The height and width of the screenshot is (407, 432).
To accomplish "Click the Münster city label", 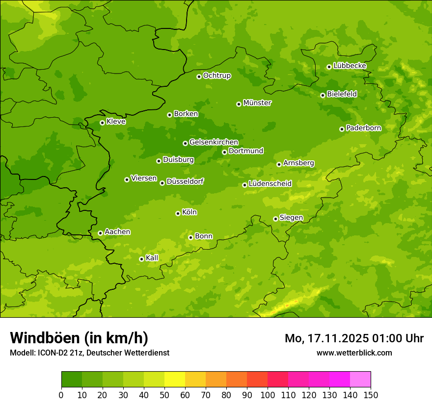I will tap(257, 103).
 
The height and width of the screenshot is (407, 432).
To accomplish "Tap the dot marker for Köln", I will tap(178, 213).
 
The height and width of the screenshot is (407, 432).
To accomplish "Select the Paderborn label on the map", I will tap(363, 128).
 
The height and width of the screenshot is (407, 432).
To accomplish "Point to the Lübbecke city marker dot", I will tap(329, 67).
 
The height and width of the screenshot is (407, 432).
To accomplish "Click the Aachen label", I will tap(117, 232).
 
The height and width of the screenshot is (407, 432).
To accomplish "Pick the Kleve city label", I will tap(116, 122).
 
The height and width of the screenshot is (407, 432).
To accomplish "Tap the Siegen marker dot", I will tap(275, 219).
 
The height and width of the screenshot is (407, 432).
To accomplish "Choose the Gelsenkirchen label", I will tap(214, 142).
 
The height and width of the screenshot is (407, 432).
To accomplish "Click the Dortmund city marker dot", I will tap(224, 152).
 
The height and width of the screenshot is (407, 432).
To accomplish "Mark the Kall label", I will tap(152, 258).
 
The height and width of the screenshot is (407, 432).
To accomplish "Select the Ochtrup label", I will tap(216, 76).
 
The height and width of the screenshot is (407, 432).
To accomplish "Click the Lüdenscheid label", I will tap(270, 184).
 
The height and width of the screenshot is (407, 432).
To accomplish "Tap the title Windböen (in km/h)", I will tap(79, 338).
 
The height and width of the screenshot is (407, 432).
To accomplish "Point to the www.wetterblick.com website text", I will tap(354, 353).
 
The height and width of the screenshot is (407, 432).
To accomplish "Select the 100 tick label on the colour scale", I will tap(268, 395).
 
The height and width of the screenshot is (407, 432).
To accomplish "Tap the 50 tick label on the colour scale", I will tap(164, 395).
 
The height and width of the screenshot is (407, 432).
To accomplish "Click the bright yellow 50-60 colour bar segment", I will tap(175, 380).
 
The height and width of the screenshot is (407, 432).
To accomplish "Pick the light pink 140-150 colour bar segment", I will tap(360, 380).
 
